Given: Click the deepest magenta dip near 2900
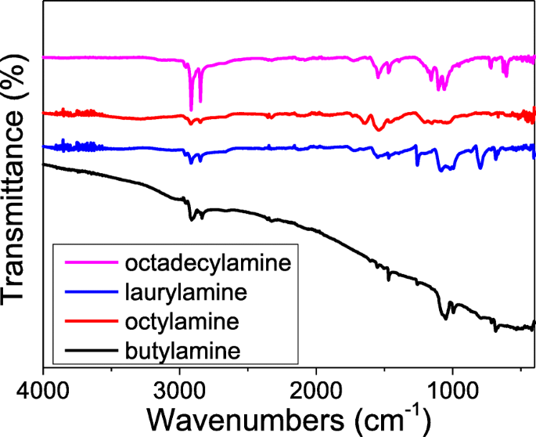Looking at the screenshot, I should (x=191, y=110).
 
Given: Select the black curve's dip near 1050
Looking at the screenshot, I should (x=445, y=317).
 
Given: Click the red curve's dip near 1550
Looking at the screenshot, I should (x=378, y=129).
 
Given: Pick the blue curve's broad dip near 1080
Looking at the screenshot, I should (x=442, y=169).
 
